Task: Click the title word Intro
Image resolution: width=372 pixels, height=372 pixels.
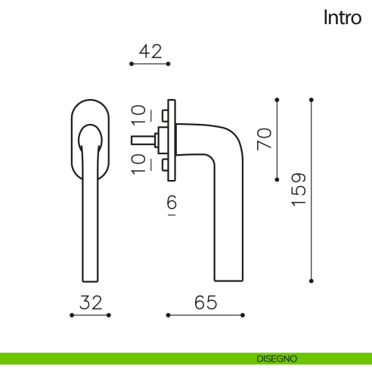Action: tap(343, 17)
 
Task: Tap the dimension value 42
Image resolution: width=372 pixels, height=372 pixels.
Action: tap(150, 51)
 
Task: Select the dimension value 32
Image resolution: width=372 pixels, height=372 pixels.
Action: tap(91, 302)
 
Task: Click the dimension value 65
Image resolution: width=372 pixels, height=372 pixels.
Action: tap(206, 302)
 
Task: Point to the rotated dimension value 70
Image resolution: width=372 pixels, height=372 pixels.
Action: tap(264, 139)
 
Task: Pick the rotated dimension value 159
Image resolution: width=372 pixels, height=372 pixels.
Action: tap(299, 190)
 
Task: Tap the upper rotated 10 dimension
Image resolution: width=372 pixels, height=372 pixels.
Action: tap(138, 115)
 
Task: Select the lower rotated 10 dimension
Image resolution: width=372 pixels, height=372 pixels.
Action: tap(138, 164)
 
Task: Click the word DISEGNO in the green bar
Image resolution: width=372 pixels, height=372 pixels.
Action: tap(277, 358)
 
